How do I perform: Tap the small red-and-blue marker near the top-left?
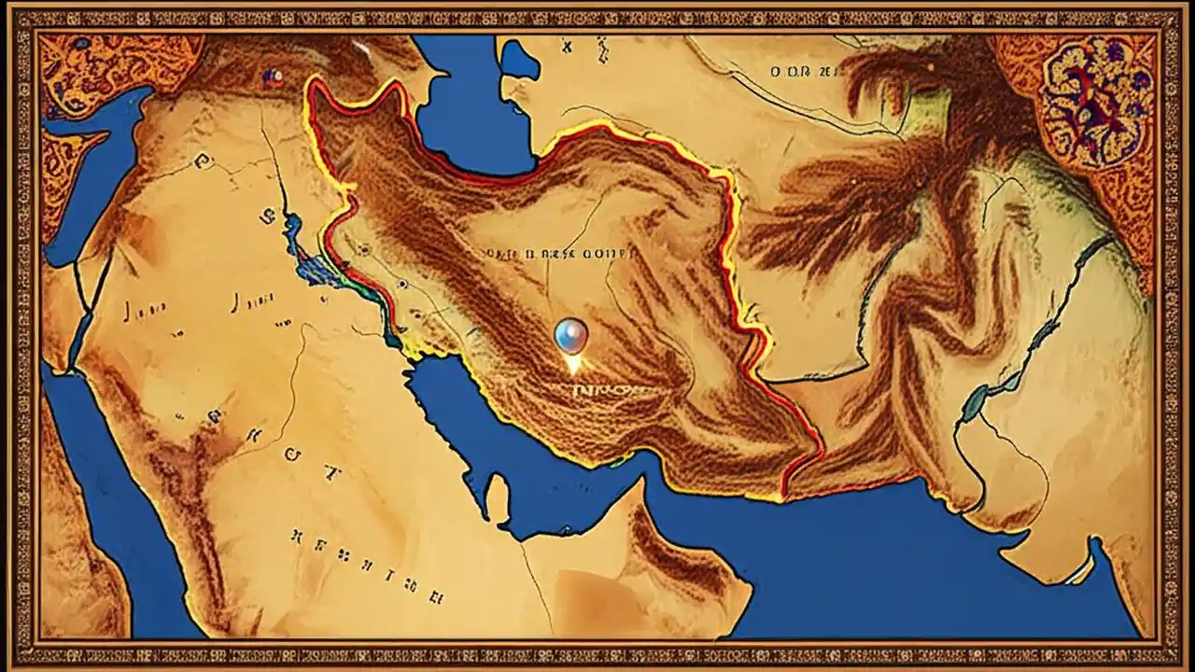tap(274, 78)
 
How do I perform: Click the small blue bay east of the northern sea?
tap(520, 62)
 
